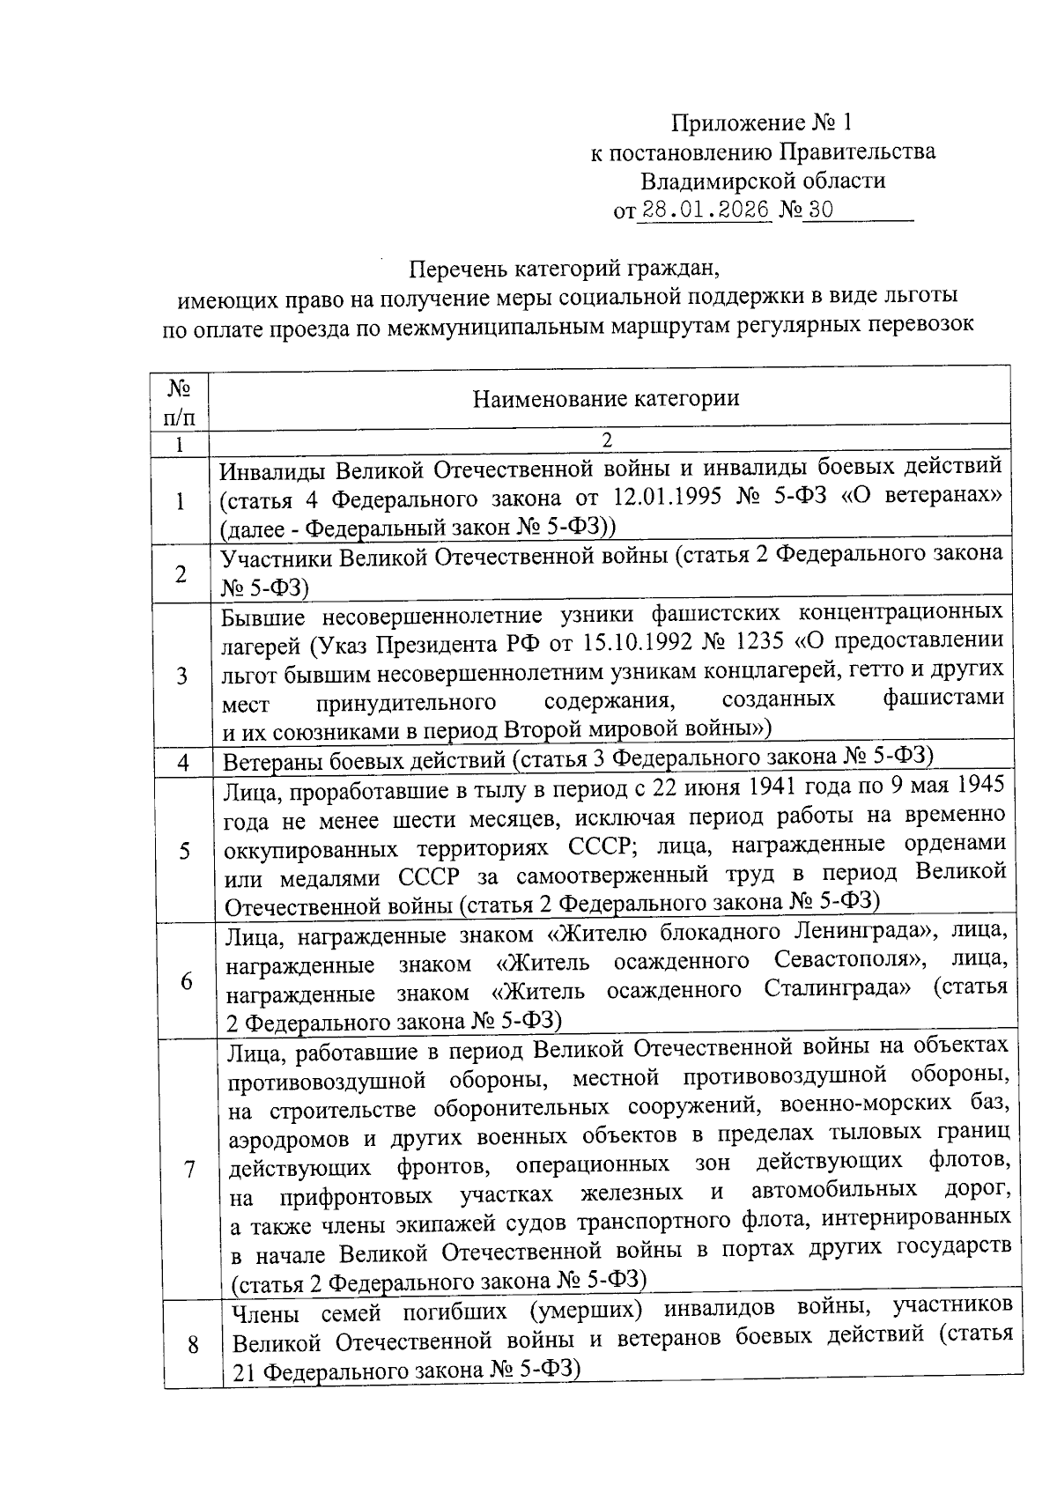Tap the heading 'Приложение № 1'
[763, 122]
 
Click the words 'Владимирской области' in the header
[763, 181]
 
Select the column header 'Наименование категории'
[606, 399]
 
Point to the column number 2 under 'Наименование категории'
[606, 440]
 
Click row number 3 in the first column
[181, 676]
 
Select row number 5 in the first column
[184, 851]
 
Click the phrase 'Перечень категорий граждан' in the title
[570, 266]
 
